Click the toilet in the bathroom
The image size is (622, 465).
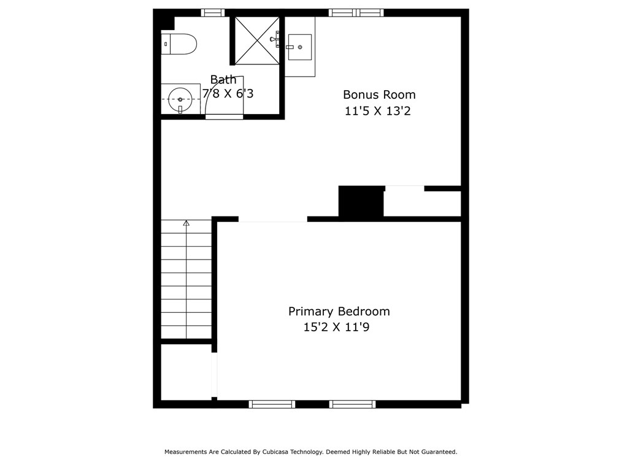[179, 44]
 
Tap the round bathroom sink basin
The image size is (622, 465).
[180, 99]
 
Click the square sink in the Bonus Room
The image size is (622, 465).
[299, 47]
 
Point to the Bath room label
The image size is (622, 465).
[223, 80]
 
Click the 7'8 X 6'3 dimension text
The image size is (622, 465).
[228, 94]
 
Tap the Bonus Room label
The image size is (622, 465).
[379, 95]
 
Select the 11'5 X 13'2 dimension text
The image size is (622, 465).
[377, 111]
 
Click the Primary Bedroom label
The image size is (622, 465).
[339, 312]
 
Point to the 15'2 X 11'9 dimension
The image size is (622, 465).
[336, 328]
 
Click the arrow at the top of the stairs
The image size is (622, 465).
[186, 223]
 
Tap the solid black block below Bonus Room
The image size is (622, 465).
[361, 201]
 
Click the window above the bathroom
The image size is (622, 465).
[213, 13]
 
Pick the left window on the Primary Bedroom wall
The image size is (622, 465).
[272, 404]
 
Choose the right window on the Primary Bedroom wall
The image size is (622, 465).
[352, 404]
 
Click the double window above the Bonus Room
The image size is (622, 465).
[356, 13]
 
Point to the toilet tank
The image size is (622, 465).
[166, 44]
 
